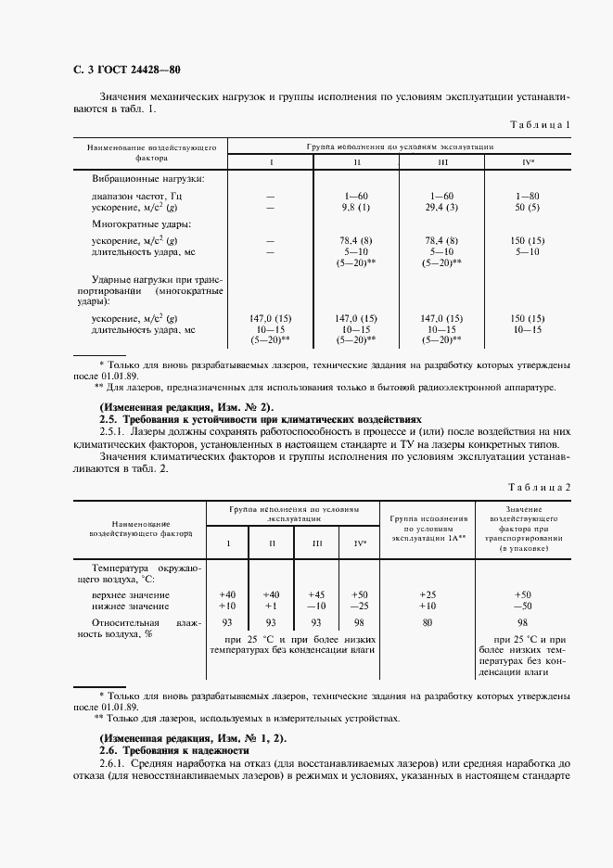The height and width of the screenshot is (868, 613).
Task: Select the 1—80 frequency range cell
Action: pyautogui.click(x=528, y=197)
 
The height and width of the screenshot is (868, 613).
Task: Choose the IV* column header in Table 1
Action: pyautogui.click(x=528, y=162)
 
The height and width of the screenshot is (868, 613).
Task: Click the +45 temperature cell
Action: pyautogui.click(x=317, y=594)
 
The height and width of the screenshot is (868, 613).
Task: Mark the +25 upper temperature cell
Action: pyautogui.click(x=428, y=594)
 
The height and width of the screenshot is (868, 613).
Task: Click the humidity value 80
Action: pyautogui.click(x=428, y=623)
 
